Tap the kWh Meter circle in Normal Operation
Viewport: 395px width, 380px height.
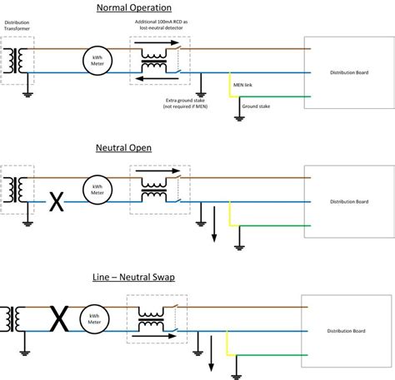[97, 60]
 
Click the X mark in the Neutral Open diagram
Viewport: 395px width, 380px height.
[57, 201]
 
